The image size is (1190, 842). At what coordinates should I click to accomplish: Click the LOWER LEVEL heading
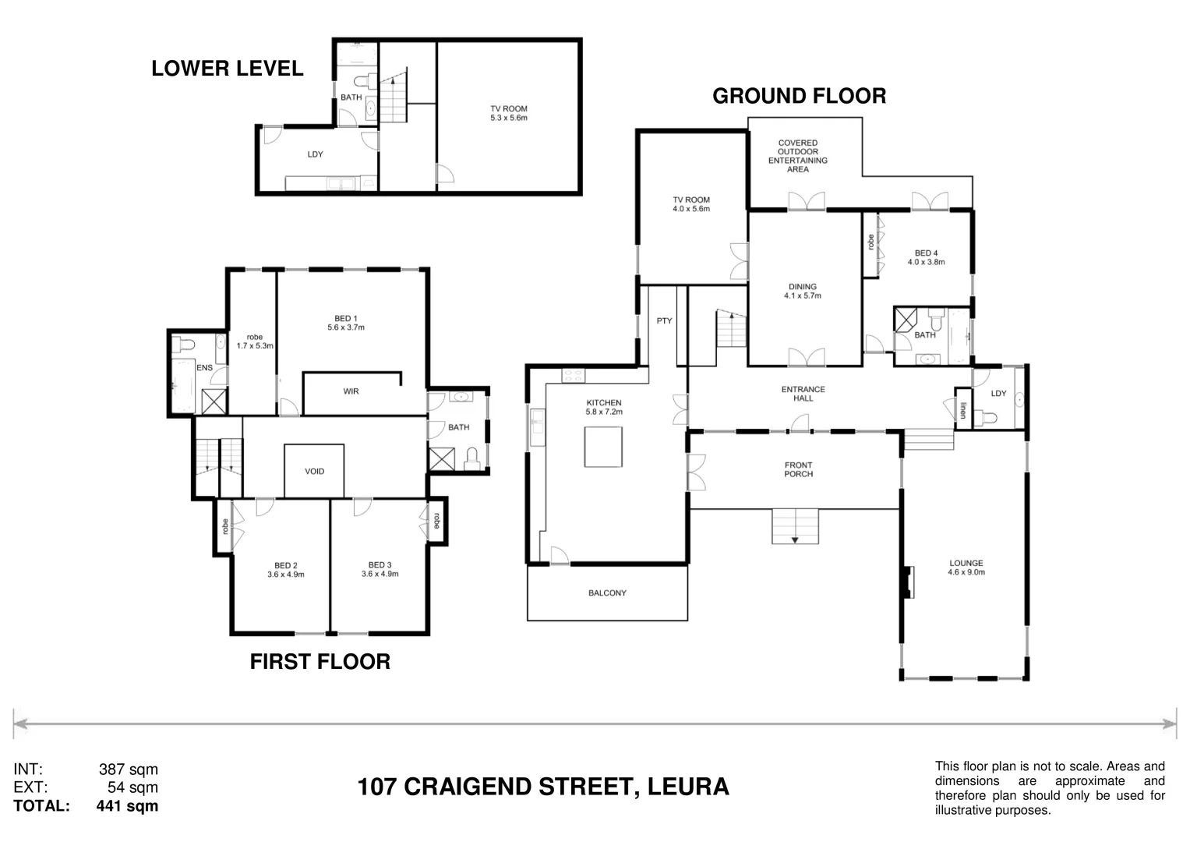[x=227, y=69]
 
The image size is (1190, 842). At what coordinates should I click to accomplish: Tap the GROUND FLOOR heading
[x=799, y=96]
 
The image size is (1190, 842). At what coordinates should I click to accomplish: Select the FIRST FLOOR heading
[x=320, y=662]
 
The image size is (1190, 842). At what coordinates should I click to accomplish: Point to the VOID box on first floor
[x=314, y=471]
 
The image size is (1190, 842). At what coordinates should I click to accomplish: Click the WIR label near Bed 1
[x=351, y=391]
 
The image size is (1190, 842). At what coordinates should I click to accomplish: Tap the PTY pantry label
[x=664, y=320]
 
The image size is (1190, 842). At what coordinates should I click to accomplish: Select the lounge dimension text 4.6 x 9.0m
[x=966, y=572]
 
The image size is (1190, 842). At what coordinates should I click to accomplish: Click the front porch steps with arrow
[x=795, y=527]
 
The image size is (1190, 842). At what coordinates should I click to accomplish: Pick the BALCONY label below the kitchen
[x=607, y=593]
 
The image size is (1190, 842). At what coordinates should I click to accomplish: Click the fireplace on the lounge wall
[x=907, y=582]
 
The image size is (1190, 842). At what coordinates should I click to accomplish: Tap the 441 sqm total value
[x=127, y=806]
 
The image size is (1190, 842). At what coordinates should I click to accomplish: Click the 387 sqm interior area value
[x=129, y=769]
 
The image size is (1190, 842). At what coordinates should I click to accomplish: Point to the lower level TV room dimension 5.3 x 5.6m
[x=509, y=119]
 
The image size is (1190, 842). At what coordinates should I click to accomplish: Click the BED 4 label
[x=926, y=253]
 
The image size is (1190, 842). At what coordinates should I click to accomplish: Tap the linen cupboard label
[x=963, y=410]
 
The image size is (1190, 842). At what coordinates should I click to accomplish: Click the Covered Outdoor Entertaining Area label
[x=797, y=156]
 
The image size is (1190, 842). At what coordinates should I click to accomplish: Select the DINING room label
[x=802, y=287]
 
